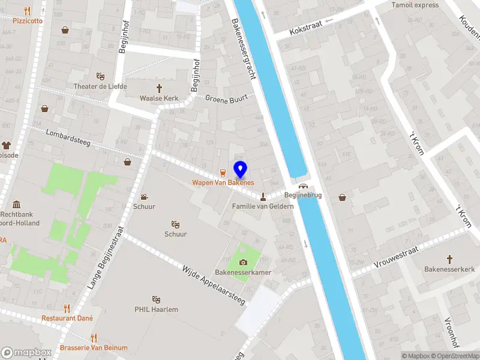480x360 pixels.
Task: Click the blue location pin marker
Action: (x=240, y=169)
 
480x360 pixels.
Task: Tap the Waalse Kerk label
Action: (x=159, y=98)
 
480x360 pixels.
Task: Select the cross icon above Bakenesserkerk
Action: (x=450, y=259)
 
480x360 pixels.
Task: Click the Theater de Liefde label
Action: (x=100, y=86)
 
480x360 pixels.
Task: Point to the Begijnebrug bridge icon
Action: (x=304, y=186)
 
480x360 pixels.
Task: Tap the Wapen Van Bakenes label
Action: (x=223, y=182)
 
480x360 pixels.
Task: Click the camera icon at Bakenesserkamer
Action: (x=244, y=262)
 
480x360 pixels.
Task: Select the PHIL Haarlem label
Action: (x=156, y=310)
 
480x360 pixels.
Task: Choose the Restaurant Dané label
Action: (x=67, y=318)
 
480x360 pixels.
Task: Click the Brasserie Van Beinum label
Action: (x=94, y=347)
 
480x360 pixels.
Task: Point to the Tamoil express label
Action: (x=415, y=5)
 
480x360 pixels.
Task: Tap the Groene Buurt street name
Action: (x=226, y=98)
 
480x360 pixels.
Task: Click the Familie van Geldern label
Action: (x=263, y=206)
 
